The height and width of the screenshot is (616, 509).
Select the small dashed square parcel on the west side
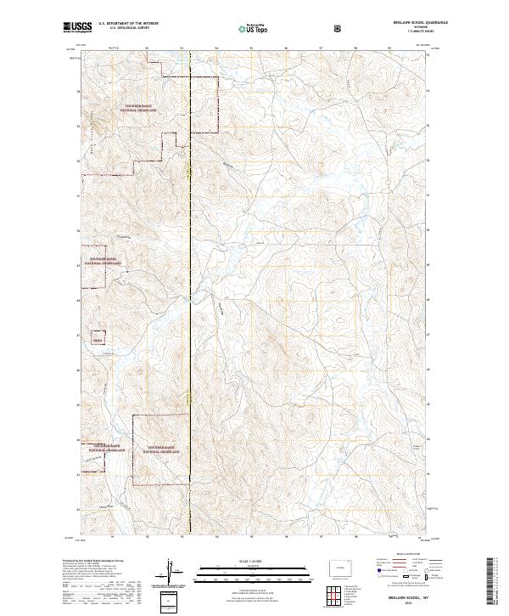click(97, 339)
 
